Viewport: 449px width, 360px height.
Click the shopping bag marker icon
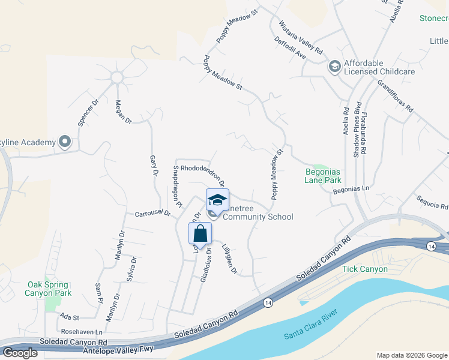tap(200, 233)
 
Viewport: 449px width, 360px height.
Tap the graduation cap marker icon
tap(217, 199)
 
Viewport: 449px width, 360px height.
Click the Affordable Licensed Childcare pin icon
tap(334, 66)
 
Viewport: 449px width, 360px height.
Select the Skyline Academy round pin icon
tap(65, 142)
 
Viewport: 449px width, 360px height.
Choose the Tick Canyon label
tap(365, 269)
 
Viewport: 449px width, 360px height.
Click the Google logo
tap(20, 353)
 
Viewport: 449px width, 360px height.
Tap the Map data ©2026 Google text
tap(411, 355)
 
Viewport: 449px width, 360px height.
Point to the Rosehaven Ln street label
tap(82, 331)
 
